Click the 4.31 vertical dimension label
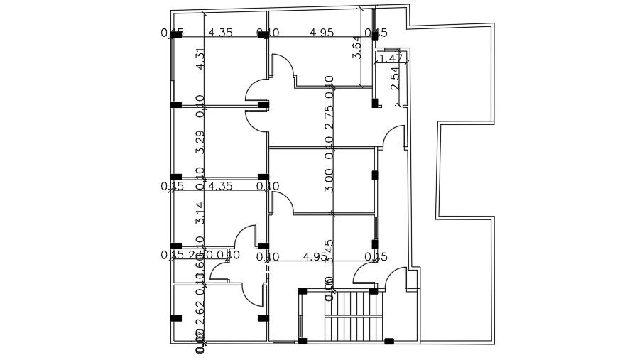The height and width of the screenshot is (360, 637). tap(200, 58)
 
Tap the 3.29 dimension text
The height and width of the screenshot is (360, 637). tap(200, 142)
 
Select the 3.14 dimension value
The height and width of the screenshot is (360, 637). tap(200, 213)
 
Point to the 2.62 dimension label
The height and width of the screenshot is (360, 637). tap(200, 313)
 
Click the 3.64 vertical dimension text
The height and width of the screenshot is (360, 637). tap(357, 47)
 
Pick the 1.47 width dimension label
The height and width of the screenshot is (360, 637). tap(391, 58)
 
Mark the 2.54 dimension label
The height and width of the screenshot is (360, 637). tap(396, 77)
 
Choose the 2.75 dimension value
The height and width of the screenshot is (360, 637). tap(329, 117)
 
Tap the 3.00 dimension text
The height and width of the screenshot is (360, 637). tap(329, 180)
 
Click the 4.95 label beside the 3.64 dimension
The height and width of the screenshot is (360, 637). tap(322, 33)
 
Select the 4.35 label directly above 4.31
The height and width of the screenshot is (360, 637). tap(220, 33)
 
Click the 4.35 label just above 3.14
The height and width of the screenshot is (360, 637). tap(220, 187)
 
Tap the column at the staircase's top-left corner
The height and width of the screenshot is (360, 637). tap(303, 291)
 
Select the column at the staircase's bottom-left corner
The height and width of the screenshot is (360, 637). tap(303, 341)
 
